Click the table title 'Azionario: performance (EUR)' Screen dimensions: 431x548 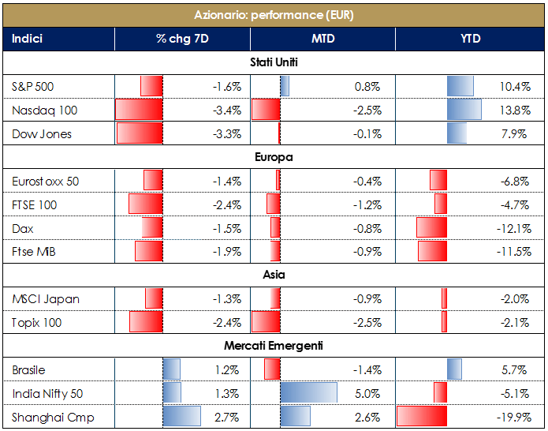tap(274, 15)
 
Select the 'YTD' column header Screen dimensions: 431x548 tap(471, 39)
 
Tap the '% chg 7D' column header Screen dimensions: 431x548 tap(181, 39)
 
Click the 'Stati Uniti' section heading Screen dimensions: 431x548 tap(274, 62)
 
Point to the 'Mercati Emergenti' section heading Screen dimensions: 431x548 tap(274, 346)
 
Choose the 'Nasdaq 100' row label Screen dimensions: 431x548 tap(45, 110)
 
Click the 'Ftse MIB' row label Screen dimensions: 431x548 tap(34, 252)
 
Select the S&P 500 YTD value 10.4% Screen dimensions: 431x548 tap(515, 86)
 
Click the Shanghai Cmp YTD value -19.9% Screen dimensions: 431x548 tap(513, 417)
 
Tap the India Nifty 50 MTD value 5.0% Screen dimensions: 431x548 tap(369, 393)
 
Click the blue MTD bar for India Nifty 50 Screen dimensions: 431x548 tap(308, 393)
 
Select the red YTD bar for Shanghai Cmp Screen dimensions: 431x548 tap(422, 417)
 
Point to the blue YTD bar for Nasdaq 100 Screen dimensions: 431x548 tap(464, 110)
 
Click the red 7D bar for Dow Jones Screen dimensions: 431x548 tap(140, 133)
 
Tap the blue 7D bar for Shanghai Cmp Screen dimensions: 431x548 tap(181, 417)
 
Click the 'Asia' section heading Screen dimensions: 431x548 tap(274, 275)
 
